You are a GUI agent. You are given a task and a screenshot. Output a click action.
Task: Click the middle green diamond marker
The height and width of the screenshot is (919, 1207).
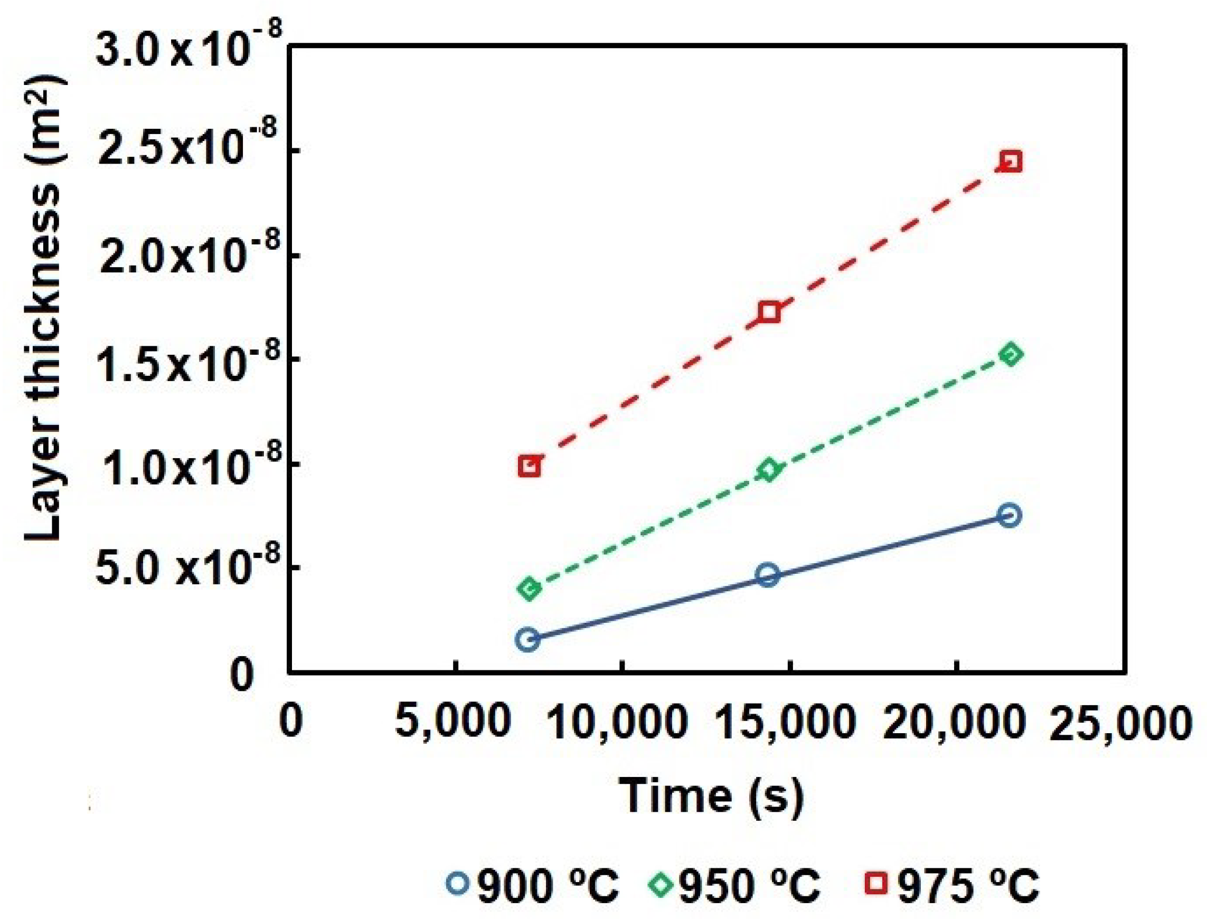click(768, 470)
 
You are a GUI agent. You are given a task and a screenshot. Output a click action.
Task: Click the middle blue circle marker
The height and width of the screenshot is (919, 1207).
click(768, 574)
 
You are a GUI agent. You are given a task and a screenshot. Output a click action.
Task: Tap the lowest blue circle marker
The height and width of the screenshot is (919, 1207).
click(528, 639)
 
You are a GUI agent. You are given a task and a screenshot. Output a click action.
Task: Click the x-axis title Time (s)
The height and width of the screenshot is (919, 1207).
click(711, 796)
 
